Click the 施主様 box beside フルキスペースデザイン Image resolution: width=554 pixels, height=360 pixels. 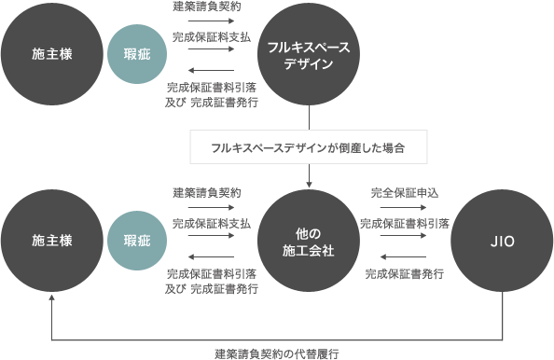coord(51,54)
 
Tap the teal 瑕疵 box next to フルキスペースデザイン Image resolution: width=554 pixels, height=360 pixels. coord(136,54)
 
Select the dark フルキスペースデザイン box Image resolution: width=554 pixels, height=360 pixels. coord(308,54)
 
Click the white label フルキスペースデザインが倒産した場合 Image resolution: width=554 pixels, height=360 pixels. coord(308,147)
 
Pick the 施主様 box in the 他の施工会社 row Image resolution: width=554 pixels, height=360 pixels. coord(51,241)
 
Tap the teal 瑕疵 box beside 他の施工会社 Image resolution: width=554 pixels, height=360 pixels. coord(136,241)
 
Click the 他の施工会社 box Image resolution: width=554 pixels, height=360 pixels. coord(308,241)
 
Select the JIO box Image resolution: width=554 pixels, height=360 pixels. coord(502,241)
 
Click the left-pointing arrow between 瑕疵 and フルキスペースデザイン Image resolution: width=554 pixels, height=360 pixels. coord(211,71)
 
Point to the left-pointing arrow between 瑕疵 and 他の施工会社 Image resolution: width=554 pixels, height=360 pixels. coord(211,257)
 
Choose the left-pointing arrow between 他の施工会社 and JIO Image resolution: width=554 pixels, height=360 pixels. coord(404,257)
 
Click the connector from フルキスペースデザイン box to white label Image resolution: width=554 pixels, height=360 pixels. coord(308,117)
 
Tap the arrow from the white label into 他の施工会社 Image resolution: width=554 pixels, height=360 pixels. coord(308,177)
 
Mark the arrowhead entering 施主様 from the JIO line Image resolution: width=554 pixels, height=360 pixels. coord(51,299)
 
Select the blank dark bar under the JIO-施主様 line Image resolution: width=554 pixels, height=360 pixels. coord(277,353)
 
